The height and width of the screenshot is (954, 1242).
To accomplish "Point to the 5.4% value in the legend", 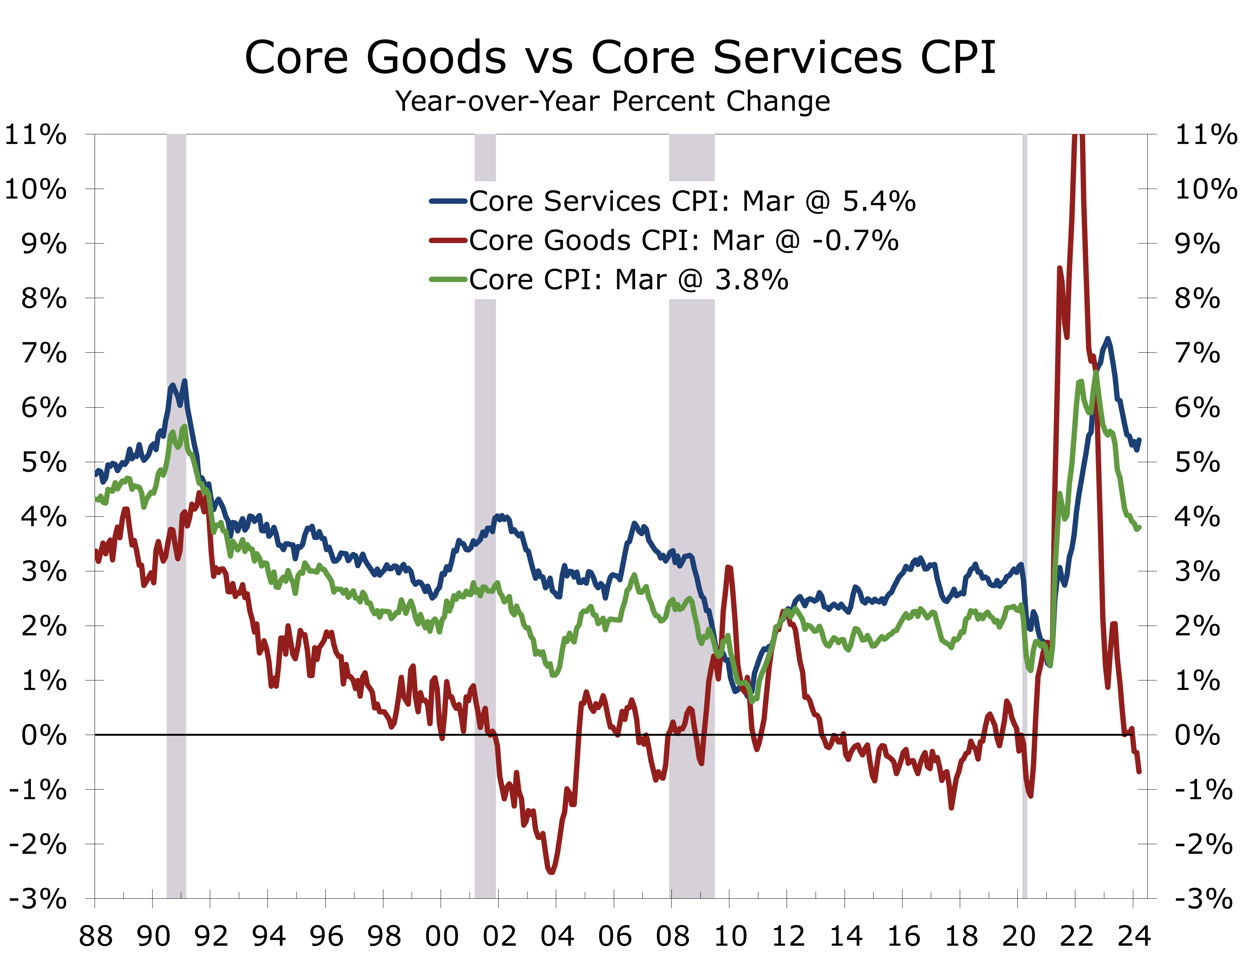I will tap(879, 201).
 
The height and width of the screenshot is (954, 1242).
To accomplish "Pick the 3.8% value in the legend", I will tap(751, 279).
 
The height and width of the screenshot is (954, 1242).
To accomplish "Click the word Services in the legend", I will tap(602, 201).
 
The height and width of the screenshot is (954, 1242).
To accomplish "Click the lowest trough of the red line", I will tap(551, 872).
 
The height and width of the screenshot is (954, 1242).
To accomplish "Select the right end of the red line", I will tap(1139, 771).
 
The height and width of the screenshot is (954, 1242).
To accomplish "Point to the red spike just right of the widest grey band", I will tap(729, 567).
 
